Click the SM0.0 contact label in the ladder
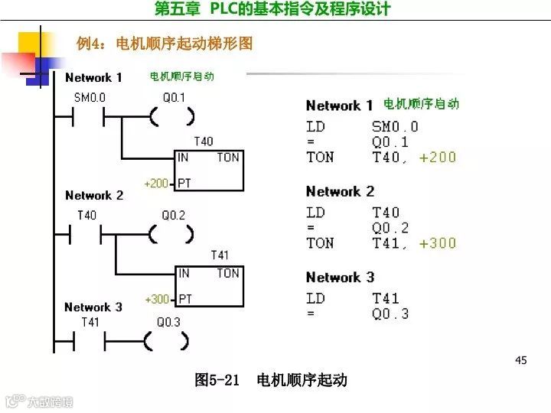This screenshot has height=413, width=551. (x=89, y=98)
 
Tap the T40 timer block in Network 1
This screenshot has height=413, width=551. (x=209, y=170)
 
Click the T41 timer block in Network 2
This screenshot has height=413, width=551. (x=209, y=285)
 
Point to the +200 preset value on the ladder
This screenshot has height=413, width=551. (x=156, y=184)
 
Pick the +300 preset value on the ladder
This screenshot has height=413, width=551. (x=156, y=299)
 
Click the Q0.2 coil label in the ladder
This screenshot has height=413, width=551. (x=173, y=216)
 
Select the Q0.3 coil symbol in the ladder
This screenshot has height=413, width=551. (x=168, y=341)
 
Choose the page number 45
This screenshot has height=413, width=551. (x=521, y=360)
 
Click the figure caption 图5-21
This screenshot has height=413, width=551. (x=218, y=380)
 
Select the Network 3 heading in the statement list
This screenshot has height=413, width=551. (x=340, y=278)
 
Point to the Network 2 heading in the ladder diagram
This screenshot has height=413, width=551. (x=94, y=196)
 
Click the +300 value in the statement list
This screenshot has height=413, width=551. (x=438, y=243)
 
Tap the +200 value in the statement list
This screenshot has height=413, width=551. (x=438, y=158)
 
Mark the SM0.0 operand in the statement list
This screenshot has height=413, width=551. (x=395, y=127)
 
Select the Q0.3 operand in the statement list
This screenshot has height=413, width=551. (x=390, y=314)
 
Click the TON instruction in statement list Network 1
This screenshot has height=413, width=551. (x=320, y=158)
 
